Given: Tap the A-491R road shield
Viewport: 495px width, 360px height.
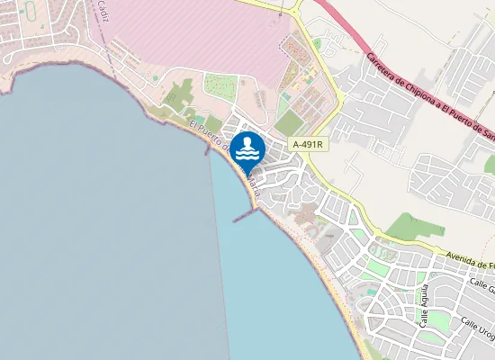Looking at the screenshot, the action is tap(306, 144).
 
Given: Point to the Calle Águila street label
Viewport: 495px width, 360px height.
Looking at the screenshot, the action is tap(424, 306).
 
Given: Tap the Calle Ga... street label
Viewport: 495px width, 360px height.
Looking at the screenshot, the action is tap(481, 286).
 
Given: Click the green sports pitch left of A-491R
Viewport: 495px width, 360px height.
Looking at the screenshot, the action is tap(288, 123).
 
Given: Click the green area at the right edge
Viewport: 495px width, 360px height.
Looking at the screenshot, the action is tap(490, 164).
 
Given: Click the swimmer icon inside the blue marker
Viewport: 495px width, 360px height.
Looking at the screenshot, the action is tap(247, 148).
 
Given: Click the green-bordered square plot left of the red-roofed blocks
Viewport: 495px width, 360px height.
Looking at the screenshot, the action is tap(220, 86).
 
